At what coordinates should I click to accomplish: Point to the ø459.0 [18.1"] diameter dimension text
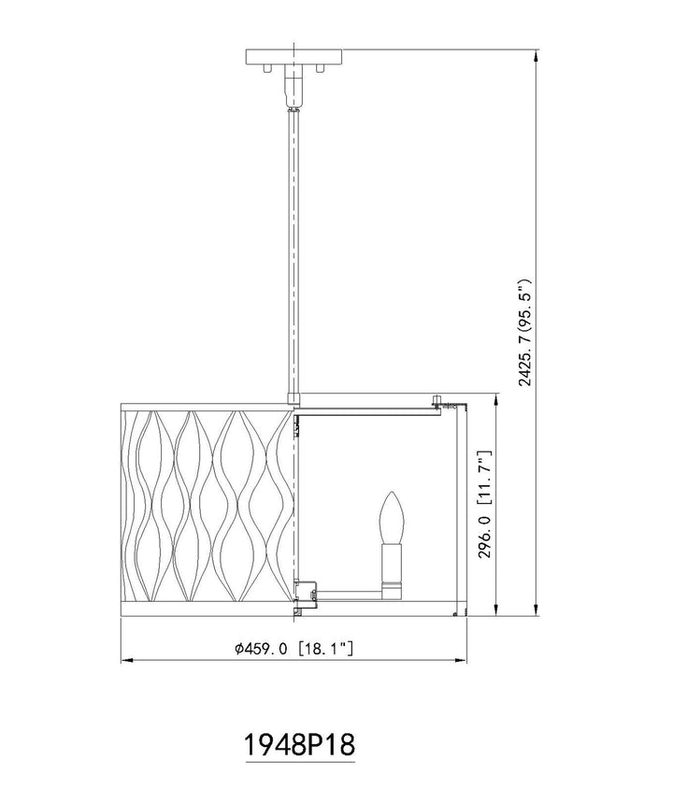[294, 649]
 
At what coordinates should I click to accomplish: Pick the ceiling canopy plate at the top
[294, 56]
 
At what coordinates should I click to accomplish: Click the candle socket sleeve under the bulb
[392, 571]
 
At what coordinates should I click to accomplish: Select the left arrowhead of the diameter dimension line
[127, 659]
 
